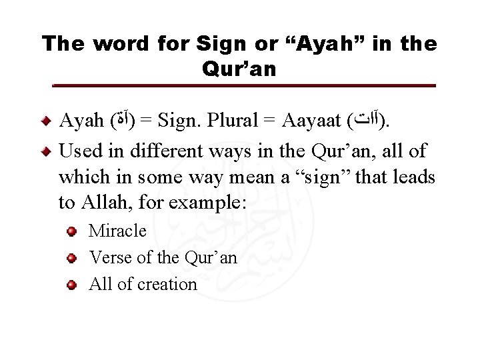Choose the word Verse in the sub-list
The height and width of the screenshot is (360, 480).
(x=106, y=257)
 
